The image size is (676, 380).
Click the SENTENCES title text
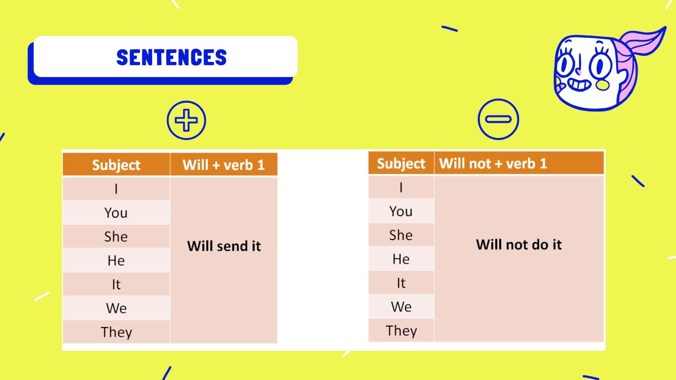coord(171,57)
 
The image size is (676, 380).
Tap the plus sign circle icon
coord(186,120)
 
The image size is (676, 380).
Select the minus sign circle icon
coord(498,119)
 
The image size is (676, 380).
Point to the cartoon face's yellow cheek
coord(602,84)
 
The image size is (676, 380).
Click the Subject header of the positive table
coord(116,165)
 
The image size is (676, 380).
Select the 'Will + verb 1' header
coord(224,165)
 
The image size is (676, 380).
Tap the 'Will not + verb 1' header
coord(493,163)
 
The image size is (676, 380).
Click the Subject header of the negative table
coord(401,164)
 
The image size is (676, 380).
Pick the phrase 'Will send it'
coord(224,246)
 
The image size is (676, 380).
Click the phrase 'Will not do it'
coord(519,245)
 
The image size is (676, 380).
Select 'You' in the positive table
coord(116,213)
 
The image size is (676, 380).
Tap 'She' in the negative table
coord(401,235)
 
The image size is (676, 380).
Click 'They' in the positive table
coord(117,332)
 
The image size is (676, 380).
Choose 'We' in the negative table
coord(401,307)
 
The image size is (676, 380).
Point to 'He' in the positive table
coord(116,261)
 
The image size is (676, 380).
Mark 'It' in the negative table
coord(401,283)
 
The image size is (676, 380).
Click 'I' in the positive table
coord(116,189)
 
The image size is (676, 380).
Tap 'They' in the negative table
coord(401,331)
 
